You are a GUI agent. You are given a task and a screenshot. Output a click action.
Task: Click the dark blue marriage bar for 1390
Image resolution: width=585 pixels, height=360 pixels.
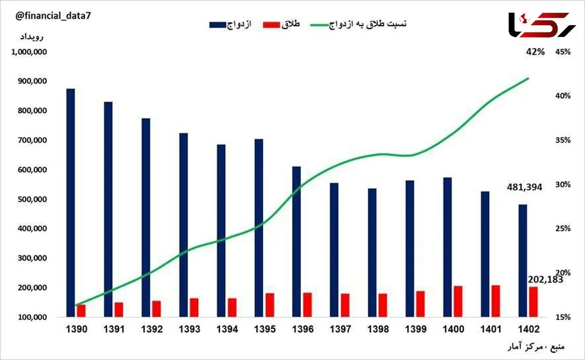tap(70, 203)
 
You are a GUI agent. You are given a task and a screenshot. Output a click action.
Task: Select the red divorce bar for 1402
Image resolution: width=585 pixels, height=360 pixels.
tap(533, 302)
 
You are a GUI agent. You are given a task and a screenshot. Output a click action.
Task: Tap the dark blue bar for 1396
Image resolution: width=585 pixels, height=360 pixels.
tap(297, 242)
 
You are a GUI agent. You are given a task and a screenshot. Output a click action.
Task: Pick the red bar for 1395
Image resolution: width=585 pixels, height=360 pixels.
tap(270, 305)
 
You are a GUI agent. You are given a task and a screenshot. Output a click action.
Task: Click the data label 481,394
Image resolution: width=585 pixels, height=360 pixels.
tap(524, 187)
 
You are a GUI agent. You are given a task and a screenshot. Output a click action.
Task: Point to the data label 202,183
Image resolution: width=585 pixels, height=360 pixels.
tap(545, 280)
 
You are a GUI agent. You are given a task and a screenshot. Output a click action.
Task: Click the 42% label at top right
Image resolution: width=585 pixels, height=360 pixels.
tap(535, 52)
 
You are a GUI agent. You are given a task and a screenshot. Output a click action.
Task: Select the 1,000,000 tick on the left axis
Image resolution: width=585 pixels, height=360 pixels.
tap(29, 52)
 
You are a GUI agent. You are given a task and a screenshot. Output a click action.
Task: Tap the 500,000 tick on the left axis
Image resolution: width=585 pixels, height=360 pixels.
tap(32, 200)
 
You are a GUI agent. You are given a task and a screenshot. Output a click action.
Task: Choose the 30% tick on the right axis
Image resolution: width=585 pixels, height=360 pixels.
tap(563, 185)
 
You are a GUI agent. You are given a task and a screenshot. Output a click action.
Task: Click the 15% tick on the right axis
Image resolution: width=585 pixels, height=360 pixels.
tap(563, 317)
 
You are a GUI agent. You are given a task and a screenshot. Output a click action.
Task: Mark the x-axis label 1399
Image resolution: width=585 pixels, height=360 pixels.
tap(416, 329)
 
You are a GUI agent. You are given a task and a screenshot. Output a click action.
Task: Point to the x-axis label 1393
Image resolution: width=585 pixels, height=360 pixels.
tap(189, 329)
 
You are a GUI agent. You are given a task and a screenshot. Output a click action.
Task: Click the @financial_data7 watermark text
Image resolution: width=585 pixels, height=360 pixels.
tap(53, 16)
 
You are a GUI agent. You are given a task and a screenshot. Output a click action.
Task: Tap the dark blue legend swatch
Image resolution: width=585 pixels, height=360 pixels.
tap(218, 25)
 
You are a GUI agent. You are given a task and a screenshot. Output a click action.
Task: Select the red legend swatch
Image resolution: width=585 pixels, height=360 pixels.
tap(271, 25)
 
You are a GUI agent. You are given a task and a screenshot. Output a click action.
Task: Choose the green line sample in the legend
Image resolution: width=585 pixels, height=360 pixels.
tap(319, 25)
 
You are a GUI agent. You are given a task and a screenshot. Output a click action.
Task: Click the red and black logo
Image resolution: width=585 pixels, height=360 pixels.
tap(542, 25)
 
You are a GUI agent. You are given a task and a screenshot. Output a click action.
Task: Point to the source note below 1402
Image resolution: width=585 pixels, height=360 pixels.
tap(536, 347)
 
